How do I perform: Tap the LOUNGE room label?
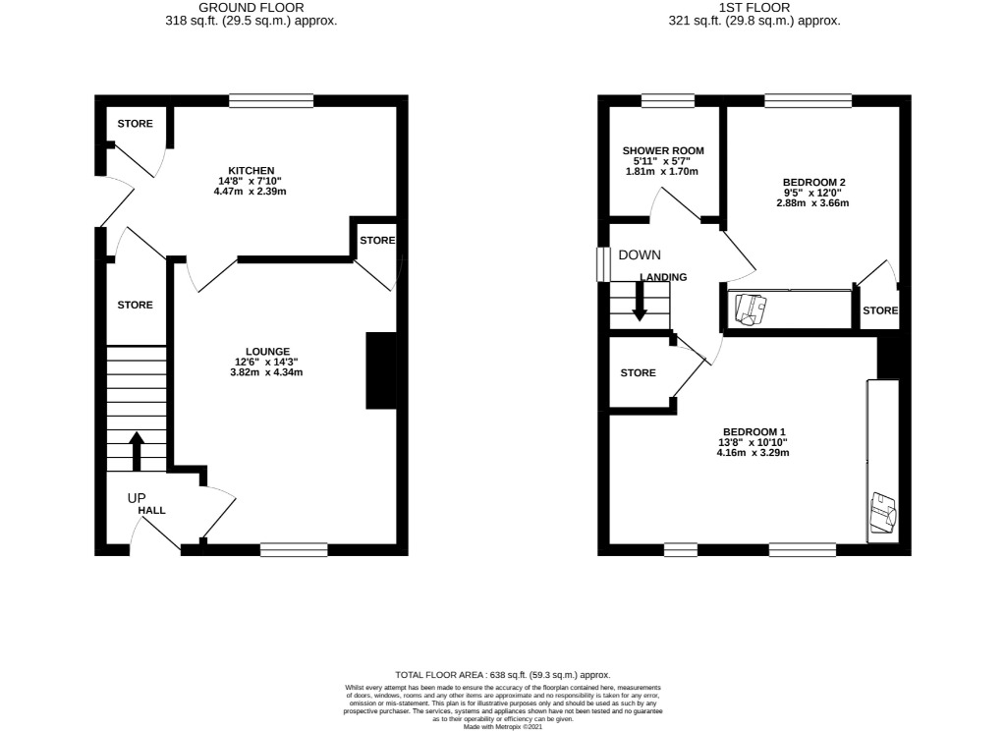pos(267,351)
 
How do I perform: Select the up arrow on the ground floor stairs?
pos(136,450)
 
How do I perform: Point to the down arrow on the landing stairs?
pos(640,301)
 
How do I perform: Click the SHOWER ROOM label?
pos(663,150)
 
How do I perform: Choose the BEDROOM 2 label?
pos(813,182)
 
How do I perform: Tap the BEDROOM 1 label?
pos(754,431)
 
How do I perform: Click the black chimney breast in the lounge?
pos(381,370)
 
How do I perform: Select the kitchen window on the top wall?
pos(271,100)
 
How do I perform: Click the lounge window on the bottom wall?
pos(294,549)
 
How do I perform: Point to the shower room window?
pos(667,100)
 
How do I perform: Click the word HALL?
pos(151,511)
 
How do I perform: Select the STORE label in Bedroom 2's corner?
pos(880,310)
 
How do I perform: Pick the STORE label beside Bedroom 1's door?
pos(638,373)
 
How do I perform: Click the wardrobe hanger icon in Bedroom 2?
pos(751,309)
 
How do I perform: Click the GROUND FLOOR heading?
pos(251,7)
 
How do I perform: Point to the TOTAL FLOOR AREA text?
pos(502,675)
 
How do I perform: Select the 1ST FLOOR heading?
pos(754,7)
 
